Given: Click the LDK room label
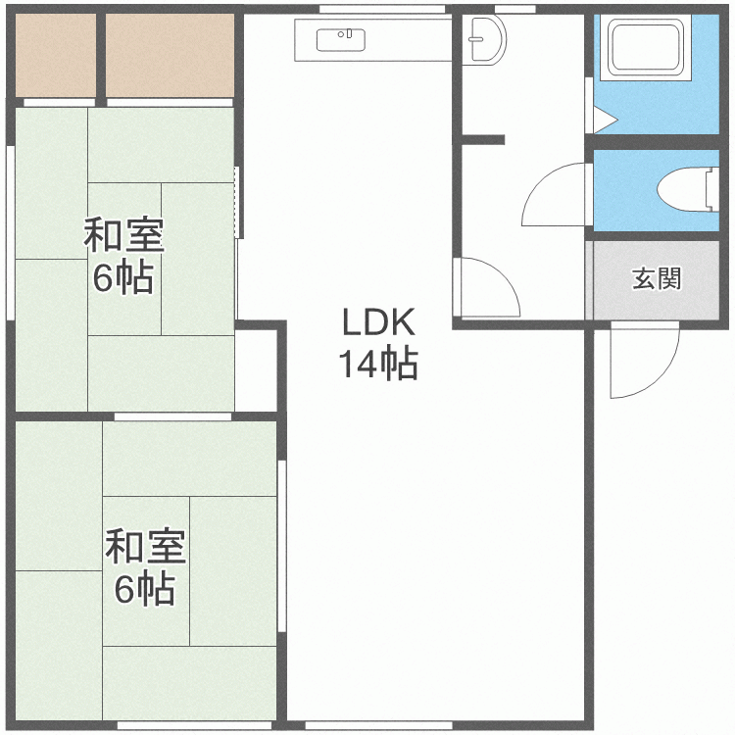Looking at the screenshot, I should click(378, 321).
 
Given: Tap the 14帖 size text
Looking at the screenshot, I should click(378, 365).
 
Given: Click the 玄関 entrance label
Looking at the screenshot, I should click(656, 279).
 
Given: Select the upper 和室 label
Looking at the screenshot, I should click(122, 236).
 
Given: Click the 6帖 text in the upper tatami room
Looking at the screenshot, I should click(122, 279).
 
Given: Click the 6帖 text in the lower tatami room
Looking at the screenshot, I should click(145, 590).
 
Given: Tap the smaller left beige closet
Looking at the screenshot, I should click(55, 55).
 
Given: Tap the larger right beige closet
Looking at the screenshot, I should click(170, 55).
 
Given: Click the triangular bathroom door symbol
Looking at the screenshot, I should click(603, 120).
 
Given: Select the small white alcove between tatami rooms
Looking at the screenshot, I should click(258, 370).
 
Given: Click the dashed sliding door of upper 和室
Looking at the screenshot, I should click(238, 202).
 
